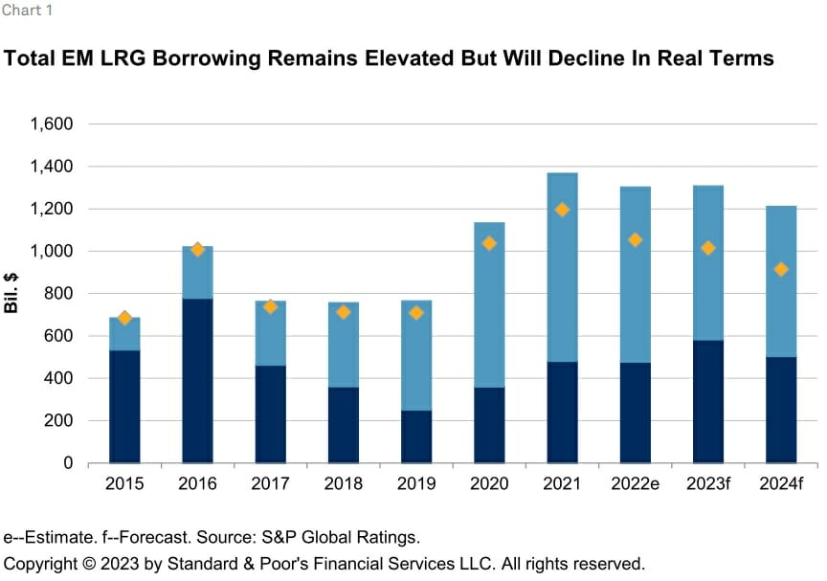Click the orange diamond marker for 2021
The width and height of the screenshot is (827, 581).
tap(562, 210)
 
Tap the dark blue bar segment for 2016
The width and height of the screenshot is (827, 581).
tap(197, 380)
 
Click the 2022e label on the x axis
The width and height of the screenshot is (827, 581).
tap(636, 485)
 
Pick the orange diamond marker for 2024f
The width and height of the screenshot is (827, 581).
tap(781, 269)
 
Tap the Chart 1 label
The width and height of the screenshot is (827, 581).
tap(27, 12)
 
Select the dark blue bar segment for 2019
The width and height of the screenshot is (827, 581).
tap(416, 436)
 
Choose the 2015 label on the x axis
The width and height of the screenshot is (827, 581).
tap(124, 485)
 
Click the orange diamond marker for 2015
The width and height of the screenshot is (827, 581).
tap(124, 318)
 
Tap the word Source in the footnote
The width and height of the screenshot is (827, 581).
tap(239, 537)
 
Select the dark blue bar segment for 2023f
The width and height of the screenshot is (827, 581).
tap(708, 401)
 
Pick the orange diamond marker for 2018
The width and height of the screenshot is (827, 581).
tap(343, 312)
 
